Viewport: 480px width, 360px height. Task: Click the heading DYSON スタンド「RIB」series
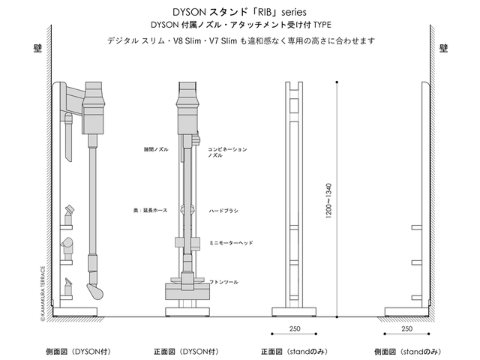pyautogui.click(x=239, y=11)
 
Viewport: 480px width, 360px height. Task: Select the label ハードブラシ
pyautogui.click(x=223, y=211)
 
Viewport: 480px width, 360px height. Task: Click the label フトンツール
pyautogui.click(x=223, y=281)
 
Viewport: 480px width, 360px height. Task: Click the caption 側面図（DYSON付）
pyautogui.click(x=70, y=351)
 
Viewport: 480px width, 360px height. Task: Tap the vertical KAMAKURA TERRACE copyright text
pyautogui.click(x=43, y=293)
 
